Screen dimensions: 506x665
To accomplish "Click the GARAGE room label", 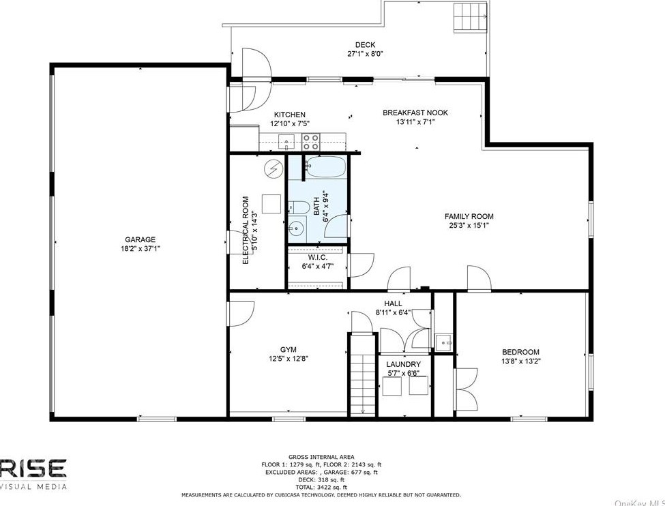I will tap(140, 239).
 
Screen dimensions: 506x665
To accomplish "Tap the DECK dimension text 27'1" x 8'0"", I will tap(365, 54).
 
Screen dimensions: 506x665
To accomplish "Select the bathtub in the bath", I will tap(326, 166).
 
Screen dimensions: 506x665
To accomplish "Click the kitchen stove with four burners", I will tap(311, 142).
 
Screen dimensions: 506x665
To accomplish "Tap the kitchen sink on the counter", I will tap(287, 143).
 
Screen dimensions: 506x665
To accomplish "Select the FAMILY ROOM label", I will tap(469, 215).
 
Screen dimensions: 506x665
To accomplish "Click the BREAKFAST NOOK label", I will tap(415, 113).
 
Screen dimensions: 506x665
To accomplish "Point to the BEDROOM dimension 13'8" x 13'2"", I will tap(520, 361).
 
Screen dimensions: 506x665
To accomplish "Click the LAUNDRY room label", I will tap(403, 364).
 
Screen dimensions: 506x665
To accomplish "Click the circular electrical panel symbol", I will tap(273, 168).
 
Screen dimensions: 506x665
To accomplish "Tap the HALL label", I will tap(393, 303).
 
